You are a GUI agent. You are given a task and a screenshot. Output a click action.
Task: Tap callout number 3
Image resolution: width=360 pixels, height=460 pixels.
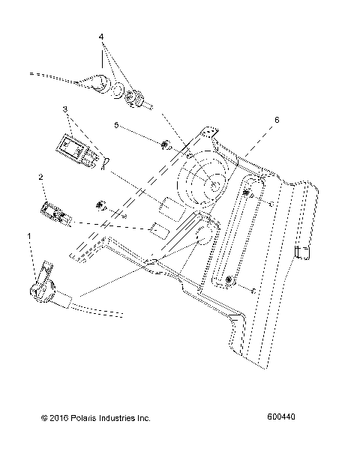click(x=65, y=109)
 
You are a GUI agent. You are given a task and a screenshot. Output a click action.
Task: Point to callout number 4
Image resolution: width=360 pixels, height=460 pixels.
click(x=102, y=36)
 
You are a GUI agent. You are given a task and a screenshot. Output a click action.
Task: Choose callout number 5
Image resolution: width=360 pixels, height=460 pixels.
click(x=116, y=124)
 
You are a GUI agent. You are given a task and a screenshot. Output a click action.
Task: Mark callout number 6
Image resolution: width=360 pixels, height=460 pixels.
click(x=276, y=119)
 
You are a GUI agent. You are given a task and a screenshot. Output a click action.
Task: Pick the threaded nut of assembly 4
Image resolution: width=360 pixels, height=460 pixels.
click(x=137, y=97)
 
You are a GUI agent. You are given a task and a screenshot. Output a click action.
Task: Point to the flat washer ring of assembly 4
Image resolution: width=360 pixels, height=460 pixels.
click(x=118, y=90)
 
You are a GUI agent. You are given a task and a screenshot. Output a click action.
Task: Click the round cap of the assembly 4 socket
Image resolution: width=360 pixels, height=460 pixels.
click(x=95, y=82)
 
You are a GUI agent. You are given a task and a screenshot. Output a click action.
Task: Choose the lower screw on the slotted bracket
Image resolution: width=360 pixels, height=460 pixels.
click(x=229, y=281)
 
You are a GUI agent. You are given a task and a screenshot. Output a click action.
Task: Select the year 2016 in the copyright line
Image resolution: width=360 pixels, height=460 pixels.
click(x=47, y=417)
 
